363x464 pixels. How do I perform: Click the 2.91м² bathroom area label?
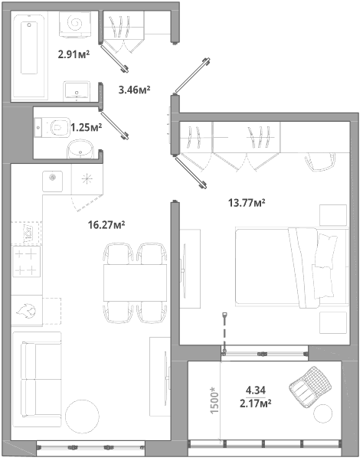pyautogui.click(x=74, y=54)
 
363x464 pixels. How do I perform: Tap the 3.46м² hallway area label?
pyautogui.click(x=134, y=90)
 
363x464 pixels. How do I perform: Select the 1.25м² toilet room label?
pyautogui.click(x=87, y=128)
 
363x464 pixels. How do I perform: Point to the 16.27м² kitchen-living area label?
pyautogui.click(x=106, y=225)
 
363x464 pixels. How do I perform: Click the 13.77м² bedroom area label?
pyautogui.click(x=247, y=203)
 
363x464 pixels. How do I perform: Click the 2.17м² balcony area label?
pyautogui.click(x=256, y=404)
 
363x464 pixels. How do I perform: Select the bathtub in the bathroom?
pyautogui.click(x=29, y=56)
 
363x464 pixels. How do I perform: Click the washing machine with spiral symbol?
pyautogui.click(x=74, y=25)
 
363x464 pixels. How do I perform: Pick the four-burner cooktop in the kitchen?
pyautogui.click(x=26, y=262)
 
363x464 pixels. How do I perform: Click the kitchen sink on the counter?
pyautogui.click(x=52, y=181)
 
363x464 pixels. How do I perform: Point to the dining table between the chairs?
pyautogui.click(x=135, y=283)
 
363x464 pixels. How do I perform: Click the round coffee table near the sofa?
pyautogui.click(x=82, y=417)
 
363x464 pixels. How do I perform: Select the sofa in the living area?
pyautogui.click(x=37, y=379)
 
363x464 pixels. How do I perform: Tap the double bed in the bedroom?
pyautogui.click(x=292, y=267)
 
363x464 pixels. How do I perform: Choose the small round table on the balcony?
pyautogui.click(x=322, y=414)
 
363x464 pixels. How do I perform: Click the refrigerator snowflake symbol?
pyautogui.click(x=87, y=178)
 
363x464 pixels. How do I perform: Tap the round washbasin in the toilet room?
pyautogui.click(x=80, y=149)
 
